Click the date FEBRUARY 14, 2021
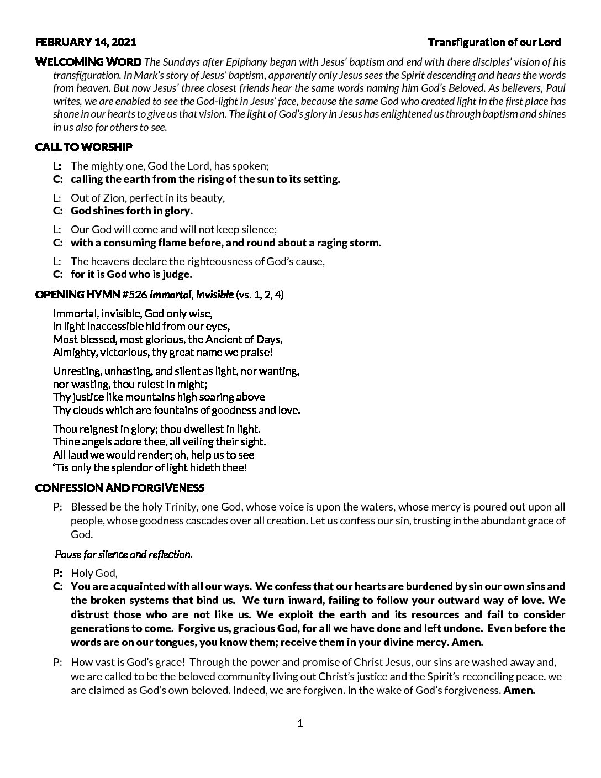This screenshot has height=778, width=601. [x=85, y=43]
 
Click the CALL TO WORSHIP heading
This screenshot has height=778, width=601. [x=83, y=147]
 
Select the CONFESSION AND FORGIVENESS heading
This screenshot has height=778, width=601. [x=119, y=488]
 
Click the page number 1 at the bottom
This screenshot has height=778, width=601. [x=300, y=723]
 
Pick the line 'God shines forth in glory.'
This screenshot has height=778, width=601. [x=131, y=211]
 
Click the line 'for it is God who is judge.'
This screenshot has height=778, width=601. [x=131, y=275]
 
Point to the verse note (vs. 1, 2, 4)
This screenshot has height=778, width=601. [x=260, y=295]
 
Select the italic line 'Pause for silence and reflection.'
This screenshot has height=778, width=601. [x=124, y=554]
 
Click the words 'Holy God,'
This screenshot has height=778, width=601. [x=94, y=574]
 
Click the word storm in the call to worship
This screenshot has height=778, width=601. [x=366, y=243]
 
